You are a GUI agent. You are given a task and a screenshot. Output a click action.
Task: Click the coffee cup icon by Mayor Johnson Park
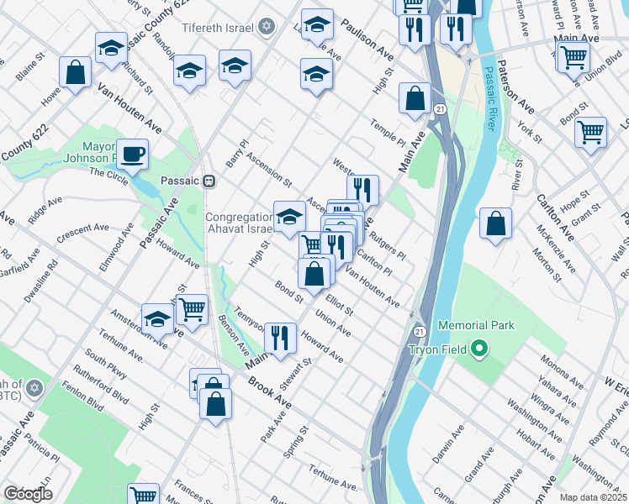132,155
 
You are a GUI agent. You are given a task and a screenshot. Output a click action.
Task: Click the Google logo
28,494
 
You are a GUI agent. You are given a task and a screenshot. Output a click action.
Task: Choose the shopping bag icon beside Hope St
496,224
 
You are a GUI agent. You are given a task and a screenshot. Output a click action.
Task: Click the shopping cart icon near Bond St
590,132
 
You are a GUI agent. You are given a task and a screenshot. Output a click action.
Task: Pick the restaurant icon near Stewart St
279,338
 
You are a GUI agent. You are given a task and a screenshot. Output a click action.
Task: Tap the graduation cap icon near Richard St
111,48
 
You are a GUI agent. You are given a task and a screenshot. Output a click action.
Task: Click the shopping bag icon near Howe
75,72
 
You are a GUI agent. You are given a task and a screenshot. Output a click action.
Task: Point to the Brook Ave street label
269,392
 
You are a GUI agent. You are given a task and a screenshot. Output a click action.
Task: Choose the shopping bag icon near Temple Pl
415,98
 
